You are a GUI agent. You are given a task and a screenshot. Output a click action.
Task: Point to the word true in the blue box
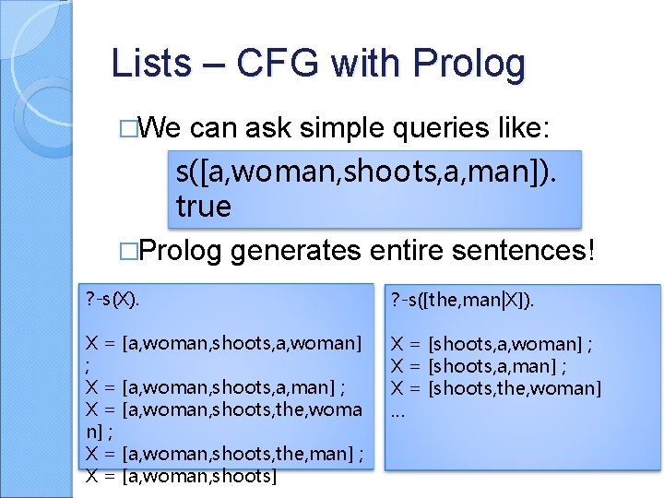pos(203,207)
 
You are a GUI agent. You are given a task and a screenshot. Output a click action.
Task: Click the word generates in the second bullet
pos(296,251)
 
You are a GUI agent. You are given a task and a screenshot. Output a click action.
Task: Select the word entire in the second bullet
pos(397,251)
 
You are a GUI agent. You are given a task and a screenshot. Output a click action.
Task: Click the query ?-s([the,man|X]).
pos(463,300)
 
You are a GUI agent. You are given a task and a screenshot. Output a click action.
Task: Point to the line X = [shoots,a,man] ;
pos(479,366)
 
